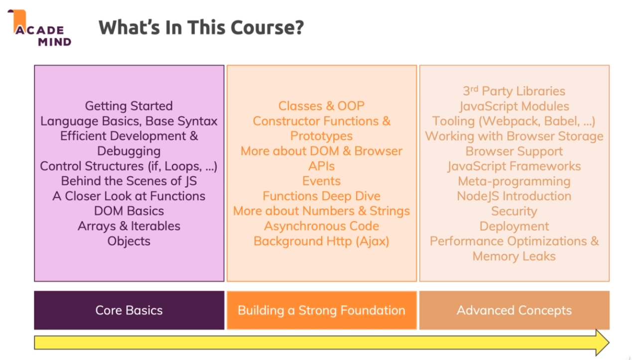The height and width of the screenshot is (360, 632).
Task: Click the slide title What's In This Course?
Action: (201, 27)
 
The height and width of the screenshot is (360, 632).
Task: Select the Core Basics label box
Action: (129, 310)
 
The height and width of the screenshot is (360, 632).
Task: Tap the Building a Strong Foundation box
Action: (321, 310)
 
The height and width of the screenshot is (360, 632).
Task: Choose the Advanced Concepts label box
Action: (514, 310)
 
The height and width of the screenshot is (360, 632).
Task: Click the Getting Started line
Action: (129, 106)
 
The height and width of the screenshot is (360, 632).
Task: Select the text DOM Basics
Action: (129, 211)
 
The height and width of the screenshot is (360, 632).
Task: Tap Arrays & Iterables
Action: (129, 226)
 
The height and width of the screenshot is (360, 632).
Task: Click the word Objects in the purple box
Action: (129, 241)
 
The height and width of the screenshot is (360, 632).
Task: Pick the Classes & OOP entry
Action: (321, 106)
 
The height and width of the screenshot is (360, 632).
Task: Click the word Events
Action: (321, 181)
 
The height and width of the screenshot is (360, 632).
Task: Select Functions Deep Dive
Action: (321, 196)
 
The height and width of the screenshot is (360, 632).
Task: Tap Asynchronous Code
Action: (321, 226)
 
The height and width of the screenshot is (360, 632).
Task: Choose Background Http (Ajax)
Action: (321, 241)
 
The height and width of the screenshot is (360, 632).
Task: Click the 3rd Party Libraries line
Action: (514, 91)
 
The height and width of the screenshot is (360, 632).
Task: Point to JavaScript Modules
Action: (514, 106)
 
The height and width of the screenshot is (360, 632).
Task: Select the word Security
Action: (514, 211)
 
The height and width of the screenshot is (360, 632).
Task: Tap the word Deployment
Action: (514, 226)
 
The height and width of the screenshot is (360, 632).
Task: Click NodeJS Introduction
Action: (514, 196)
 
